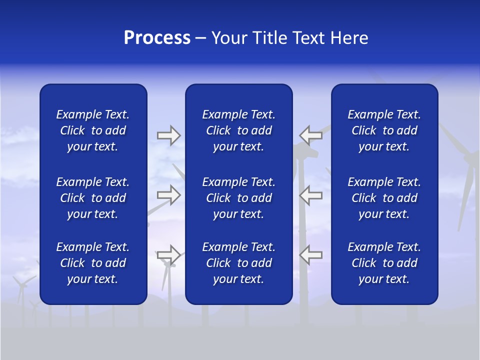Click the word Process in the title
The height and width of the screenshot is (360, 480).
157,38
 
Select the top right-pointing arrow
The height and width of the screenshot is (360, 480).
168,135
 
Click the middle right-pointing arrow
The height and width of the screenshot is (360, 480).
168,194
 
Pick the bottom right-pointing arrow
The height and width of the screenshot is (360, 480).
168,255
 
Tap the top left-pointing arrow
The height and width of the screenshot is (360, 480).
310,135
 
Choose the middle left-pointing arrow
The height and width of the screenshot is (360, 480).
310,194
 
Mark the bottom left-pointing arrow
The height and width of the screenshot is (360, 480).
310,255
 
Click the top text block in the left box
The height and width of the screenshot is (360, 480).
93,130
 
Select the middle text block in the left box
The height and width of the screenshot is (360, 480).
93,198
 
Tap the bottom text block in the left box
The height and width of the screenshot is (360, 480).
93,263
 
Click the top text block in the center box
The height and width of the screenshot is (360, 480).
238,130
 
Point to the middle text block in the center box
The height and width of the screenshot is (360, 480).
238,198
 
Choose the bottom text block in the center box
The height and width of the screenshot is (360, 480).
238,263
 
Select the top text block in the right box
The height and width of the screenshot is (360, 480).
384,130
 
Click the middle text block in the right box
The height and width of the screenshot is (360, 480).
384,198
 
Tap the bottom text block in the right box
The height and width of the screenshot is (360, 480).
384,263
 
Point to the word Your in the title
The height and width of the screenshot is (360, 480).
230,38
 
